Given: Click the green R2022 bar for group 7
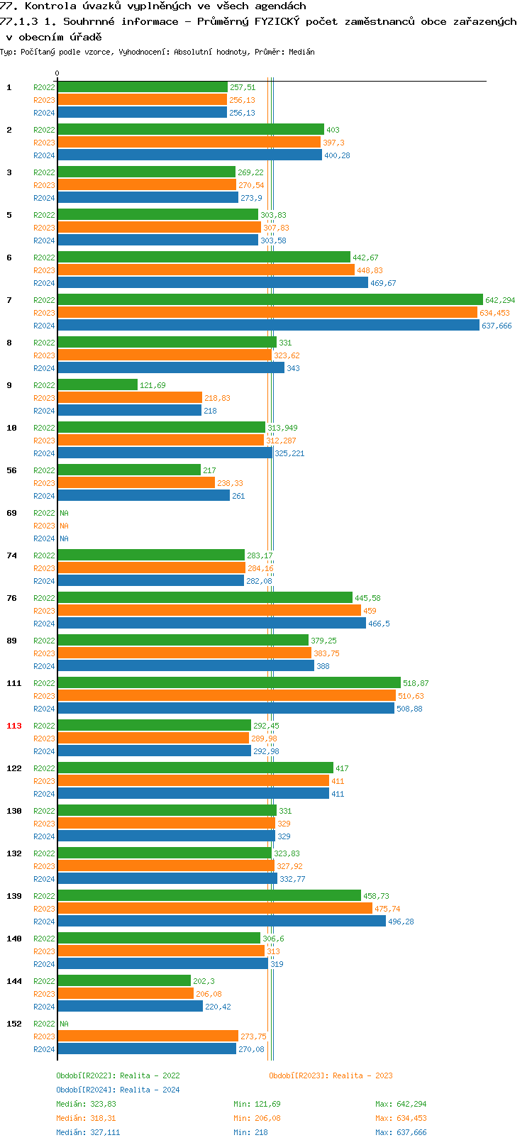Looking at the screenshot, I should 270,300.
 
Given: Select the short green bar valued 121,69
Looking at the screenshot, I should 97,385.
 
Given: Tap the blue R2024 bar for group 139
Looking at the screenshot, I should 221,922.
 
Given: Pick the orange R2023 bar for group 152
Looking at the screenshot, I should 148,1036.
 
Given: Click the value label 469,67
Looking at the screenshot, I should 383,283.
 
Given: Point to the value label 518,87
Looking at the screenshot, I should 416,683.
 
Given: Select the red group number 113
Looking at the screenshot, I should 14,726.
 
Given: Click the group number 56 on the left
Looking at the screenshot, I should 11,470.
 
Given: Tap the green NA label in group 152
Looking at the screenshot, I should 64,1024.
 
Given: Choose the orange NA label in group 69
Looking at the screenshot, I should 64,526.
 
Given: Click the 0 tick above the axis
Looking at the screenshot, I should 57,73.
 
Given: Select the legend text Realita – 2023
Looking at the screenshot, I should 362,1075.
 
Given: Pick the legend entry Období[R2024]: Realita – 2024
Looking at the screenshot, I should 118,1090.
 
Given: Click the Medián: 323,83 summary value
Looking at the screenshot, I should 86,1104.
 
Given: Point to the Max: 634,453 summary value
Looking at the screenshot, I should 401,1118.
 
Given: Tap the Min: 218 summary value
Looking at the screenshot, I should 250,1132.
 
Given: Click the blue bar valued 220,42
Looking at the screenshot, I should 130,1007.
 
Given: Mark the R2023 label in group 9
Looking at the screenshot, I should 44,398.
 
